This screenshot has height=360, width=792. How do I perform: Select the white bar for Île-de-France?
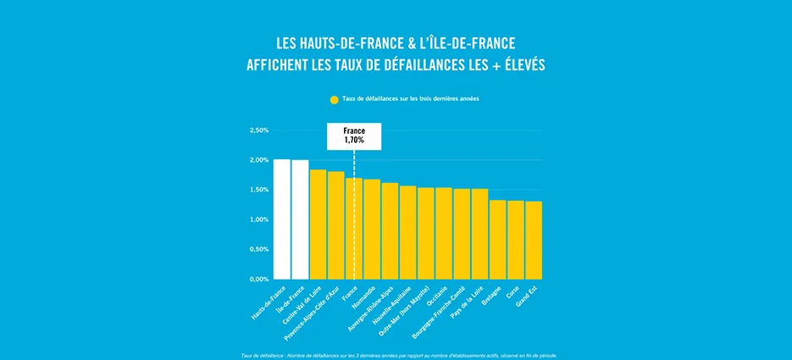click(x=300, y=219)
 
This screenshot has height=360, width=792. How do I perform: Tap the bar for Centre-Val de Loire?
click(x=318, y=224)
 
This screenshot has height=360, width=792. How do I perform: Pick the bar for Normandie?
click(x=372, y=229)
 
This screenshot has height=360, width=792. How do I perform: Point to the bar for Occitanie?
click(x=444, y=233)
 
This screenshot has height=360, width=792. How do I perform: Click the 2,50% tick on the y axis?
click(x=259, y=130)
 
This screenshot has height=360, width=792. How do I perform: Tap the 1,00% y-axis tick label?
click(x=259, y=219)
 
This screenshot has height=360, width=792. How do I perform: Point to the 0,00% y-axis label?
click(x=259, y=279)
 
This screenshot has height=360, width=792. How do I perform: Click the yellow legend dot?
click(x=335, y=100)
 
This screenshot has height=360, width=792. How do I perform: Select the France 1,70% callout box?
click(x=354, y=136)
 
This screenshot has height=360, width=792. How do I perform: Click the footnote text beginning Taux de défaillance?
click(x=398, y=355)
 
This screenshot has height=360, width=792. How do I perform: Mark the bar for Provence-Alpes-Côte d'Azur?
click(x=336, y=225)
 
